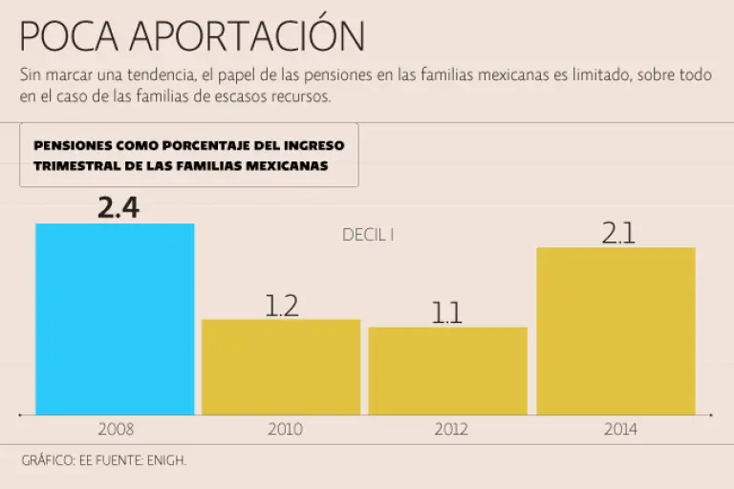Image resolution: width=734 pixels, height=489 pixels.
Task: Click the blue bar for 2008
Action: (115, 319)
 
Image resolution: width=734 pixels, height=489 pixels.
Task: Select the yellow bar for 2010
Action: (281, 367)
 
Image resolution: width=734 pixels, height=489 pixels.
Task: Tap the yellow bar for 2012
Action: (447, 371)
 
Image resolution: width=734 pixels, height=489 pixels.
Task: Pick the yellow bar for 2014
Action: (615, 330)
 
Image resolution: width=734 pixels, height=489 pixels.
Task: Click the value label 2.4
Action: (119, 207)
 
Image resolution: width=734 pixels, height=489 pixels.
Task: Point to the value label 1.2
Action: (281, 306)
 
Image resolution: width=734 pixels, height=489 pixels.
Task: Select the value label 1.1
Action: (447, 313)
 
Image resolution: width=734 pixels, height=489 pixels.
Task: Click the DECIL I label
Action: (368, 234)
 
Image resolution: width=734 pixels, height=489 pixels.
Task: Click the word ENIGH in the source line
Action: (166, 460)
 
